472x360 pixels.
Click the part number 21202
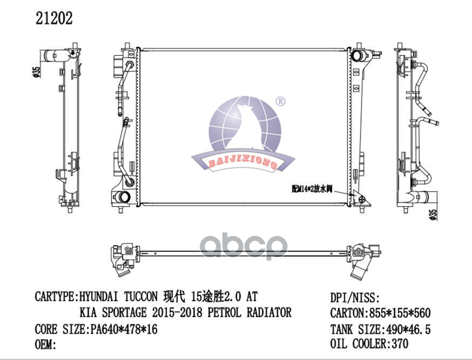(54, 18)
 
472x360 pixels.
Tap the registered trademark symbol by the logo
(280, 102)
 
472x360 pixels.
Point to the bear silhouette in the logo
(246, 126)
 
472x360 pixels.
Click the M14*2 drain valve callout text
(312, 189)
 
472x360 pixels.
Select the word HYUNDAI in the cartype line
(100, 297)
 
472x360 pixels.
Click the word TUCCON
(141, 297)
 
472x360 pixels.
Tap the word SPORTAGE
(125, 312)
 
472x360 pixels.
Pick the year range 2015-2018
(177, 312)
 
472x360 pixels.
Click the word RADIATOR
(269, 312)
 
